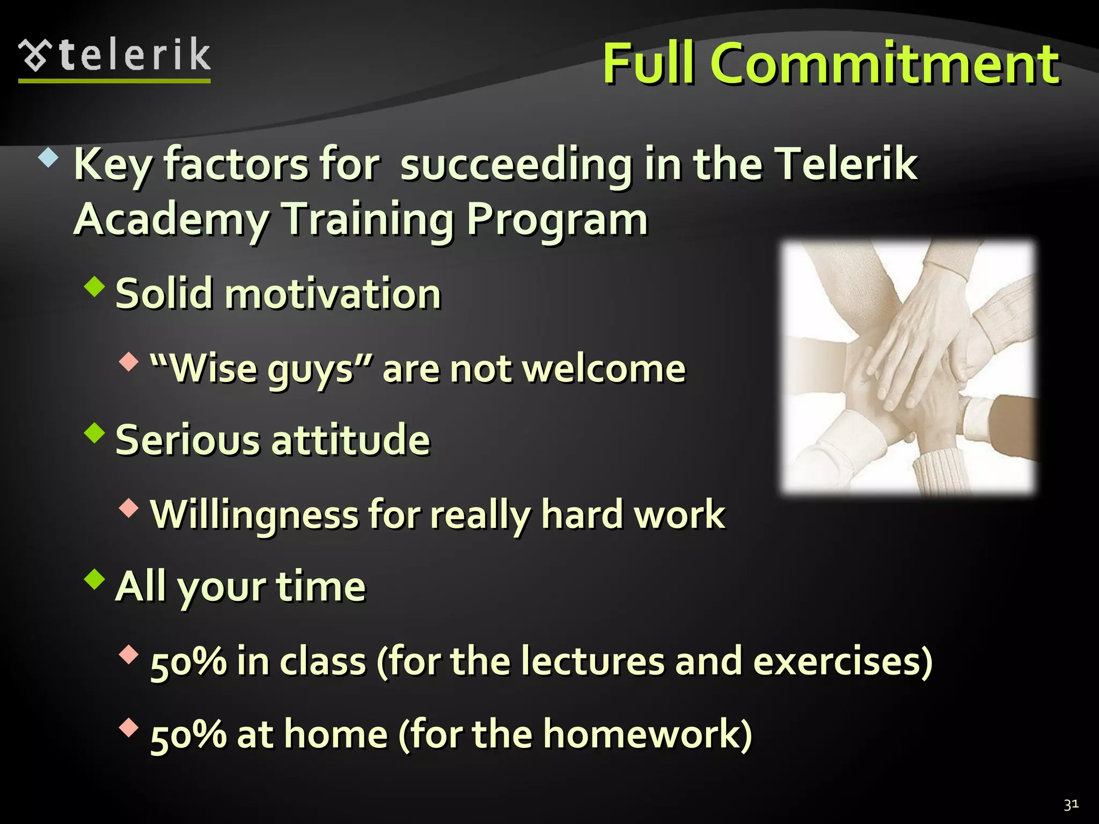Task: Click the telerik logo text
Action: (134, 55)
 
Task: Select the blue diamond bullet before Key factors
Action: (48, 158)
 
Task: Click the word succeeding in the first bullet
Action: (516, 165)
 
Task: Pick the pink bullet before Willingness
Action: (129, 507)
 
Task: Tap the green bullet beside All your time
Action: (95, 579)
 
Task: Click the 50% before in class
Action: (188, 661)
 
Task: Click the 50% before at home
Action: (188, 734)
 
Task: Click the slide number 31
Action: (1071, 804)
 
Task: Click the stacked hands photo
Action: (907, 367)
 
